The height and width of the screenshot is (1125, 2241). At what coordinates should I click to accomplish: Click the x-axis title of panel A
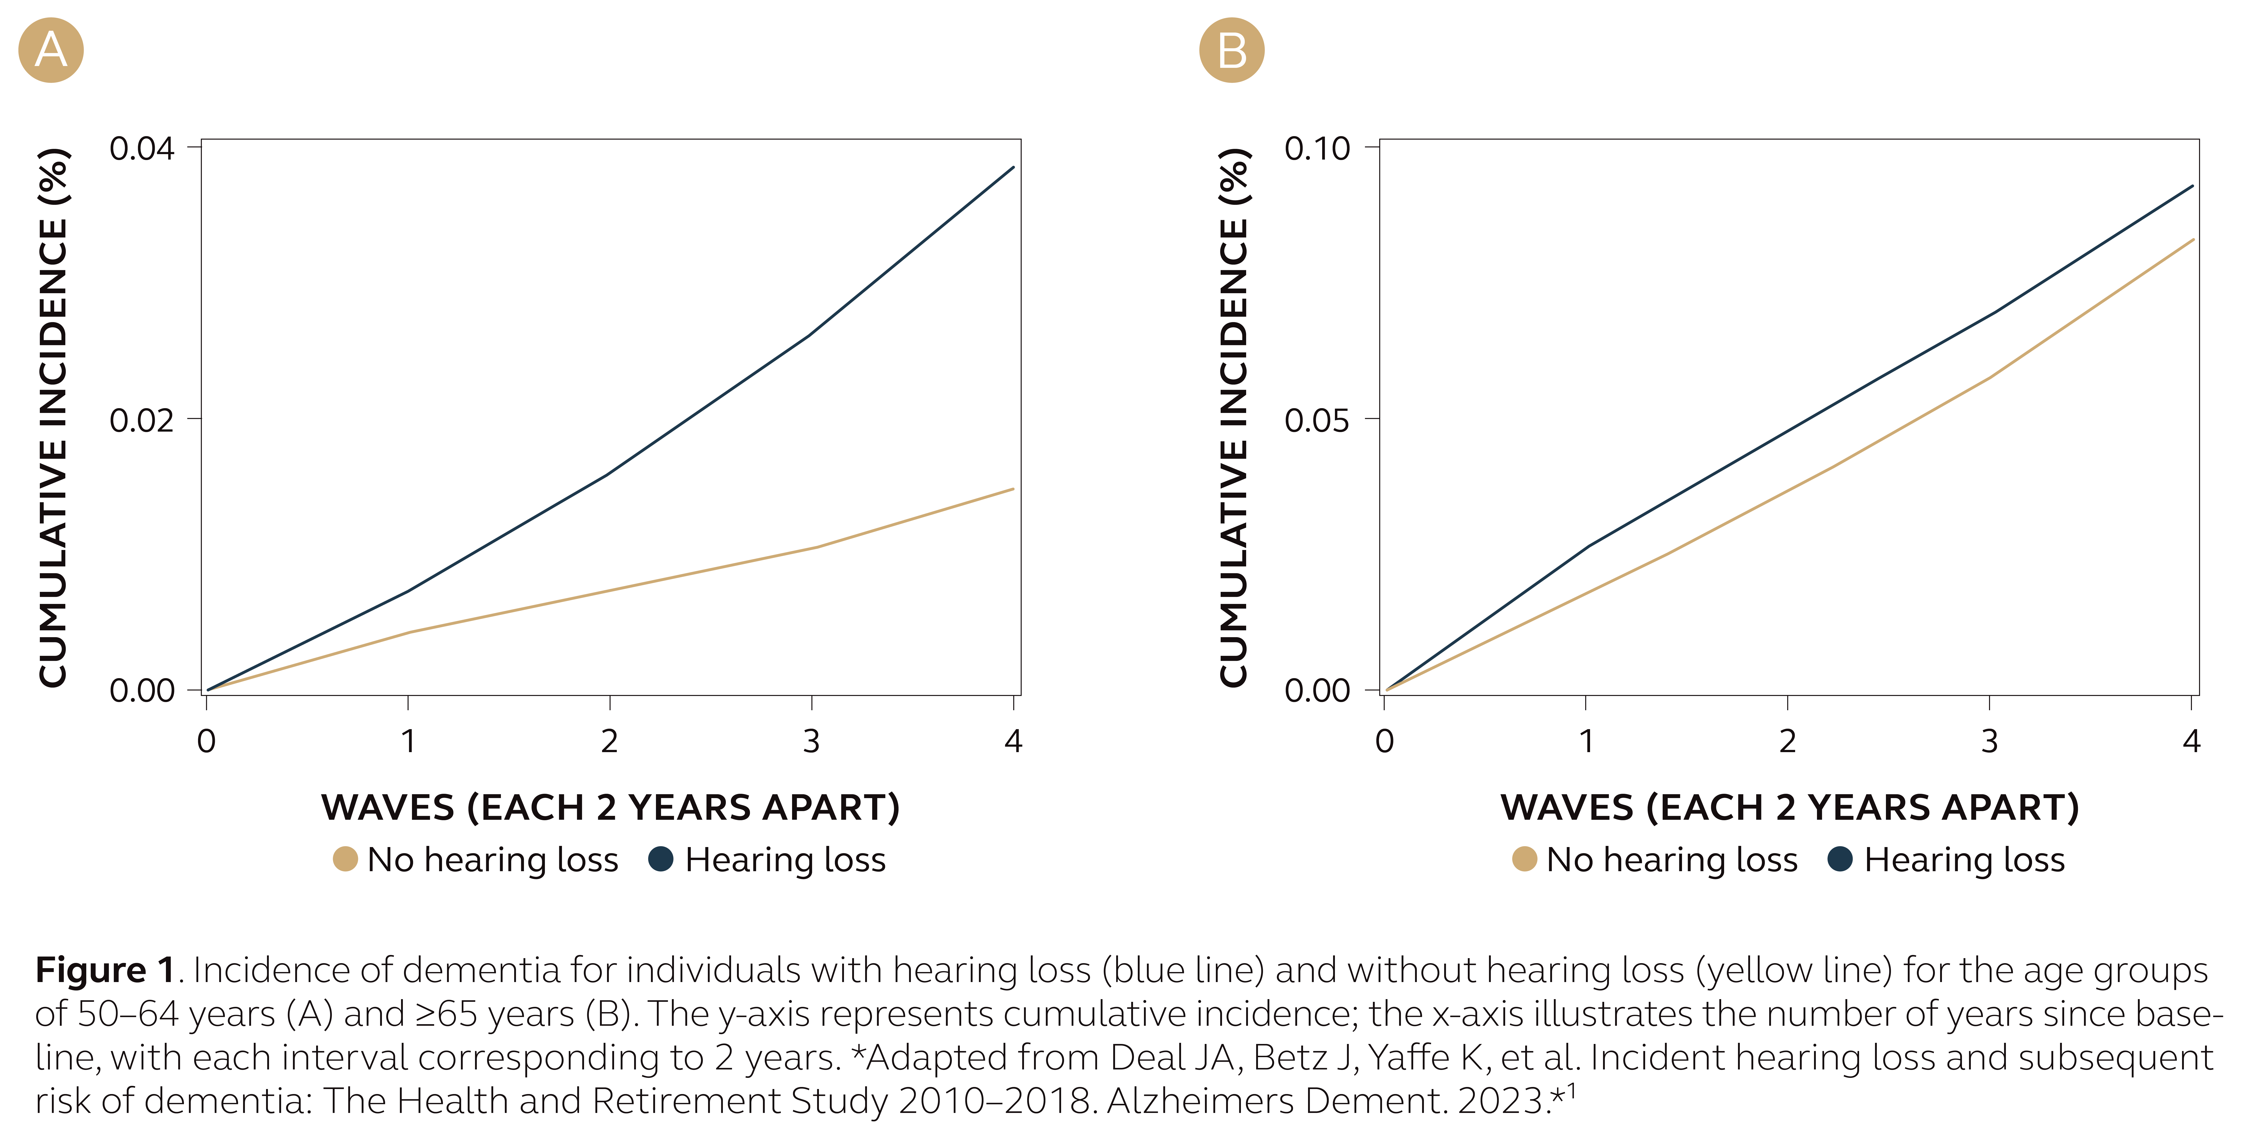(x=610, y=807)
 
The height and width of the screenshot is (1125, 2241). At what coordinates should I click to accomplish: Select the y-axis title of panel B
(x=1234, y=418)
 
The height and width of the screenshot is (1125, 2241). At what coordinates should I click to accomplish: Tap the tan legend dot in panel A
(x=345, y=859)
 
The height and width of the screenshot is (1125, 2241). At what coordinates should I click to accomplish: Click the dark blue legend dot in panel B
(x=1840, y=859)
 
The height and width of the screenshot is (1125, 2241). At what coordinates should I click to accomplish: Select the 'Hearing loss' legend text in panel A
(x=785, y=860)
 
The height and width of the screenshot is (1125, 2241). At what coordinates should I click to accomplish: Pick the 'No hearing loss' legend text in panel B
(x=1671, y=860)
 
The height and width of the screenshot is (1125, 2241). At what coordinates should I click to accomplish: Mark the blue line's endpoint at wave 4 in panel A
(x=1013, y=167)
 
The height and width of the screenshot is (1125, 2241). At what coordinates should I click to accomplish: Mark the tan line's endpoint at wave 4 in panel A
(x=1013, y=489)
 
